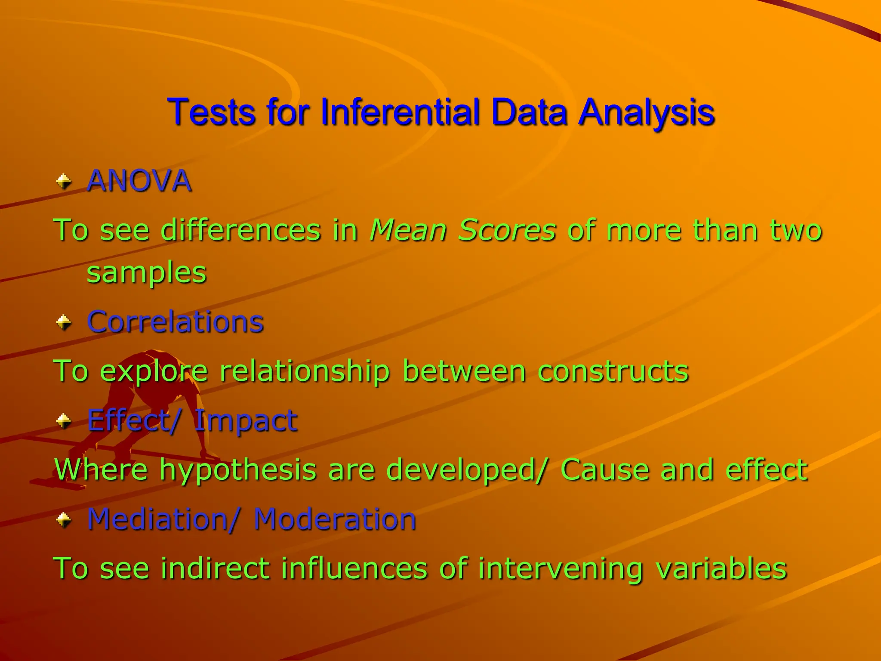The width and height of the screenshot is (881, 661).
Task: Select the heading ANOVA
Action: coord(139,181)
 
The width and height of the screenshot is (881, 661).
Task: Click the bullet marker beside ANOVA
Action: coord(64,181)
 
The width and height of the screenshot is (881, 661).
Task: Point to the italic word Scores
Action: coord(507,230)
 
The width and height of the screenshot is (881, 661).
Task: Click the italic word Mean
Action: coord(408,230)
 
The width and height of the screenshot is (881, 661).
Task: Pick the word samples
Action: coord(147,273)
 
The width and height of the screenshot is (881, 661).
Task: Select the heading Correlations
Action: coord(175,322)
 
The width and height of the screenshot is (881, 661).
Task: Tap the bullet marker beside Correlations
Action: coord(64,322)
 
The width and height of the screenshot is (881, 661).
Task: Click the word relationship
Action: coord(305,371)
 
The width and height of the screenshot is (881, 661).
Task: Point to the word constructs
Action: coord(613,371)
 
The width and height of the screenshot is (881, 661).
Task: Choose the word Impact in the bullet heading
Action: coord(246,420)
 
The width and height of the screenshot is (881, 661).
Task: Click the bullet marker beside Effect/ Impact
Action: coord(64,420)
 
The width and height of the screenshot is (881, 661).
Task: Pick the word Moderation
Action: coord(335,519)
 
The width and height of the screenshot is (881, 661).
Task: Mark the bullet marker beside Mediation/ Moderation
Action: coord(64,519)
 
